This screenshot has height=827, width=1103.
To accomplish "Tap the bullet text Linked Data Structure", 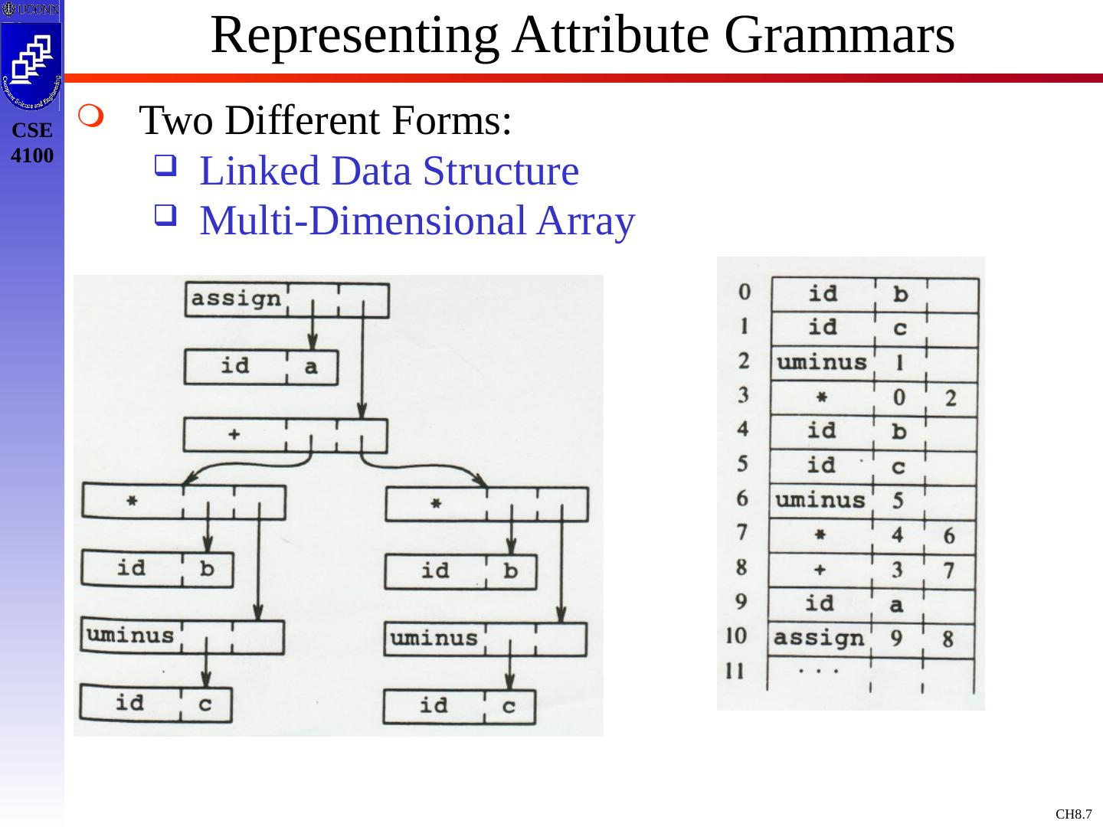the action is tap(388, 172).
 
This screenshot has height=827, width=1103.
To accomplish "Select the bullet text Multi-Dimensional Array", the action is tap(417, 221).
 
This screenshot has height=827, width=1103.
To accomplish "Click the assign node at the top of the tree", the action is tap(235, 299).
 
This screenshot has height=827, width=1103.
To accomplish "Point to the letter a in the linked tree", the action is tap(310, 367).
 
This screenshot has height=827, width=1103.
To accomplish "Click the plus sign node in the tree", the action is tap(234, 434).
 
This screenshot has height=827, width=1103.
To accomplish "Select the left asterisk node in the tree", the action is tap(132, 502).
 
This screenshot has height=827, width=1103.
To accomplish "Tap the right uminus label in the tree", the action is tap(434, 638).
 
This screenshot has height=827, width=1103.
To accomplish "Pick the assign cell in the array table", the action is tap(818, 637).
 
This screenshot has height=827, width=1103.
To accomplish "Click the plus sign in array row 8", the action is tap(819, 569).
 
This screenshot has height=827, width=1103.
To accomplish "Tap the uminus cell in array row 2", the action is tap(821, 361).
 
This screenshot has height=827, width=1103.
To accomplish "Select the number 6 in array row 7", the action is tap(949, 535).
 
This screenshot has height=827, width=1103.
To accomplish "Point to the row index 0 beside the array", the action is tap(744, 292).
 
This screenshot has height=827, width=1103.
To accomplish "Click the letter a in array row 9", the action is tap(898, 604).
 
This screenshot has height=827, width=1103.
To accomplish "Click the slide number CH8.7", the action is tap(1073, 814).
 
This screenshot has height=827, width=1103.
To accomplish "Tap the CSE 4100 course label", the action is tap(33, 143).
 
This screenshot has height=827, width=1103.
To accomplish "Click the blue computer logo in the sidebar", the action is tap(31, 61).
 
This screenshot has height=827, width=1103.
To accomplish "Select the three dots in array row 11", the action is tap(817, 671).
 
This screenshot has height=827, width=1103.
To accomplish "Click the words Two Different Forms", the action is tap(326, 121).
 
